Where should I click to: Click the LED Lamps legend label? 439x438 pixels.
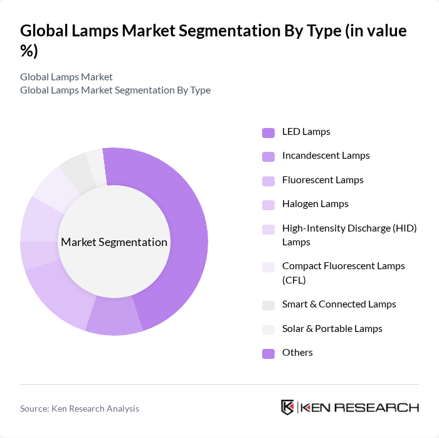pyautogui.click(x=306, y=132)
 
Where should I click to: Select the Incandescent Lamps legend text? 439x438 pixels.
pyautogui.click(x=325, y=156)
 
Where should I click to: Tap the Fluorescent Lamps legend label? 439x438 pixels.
pyautogui.click(x=322, y=180)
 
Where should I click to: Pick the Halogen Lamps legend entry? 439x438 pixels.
pyautogui.click(x=315, y=204)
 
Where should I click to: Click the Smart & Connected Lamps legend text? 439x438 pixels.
pyautogui.click(x=339, y=304)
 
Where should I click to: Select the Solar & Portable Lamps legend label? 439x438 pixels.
pyautogui.click(x=332, y=328)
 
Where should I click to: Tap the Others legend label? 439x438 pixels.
pyautogui.click(x=297, y=353)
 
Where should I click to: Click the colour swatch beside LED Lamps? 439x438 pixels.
pyautogui.click(x=268, y=132)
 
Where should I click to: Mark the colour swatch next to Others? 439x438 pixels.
pyautogui.click(x=268, y=353)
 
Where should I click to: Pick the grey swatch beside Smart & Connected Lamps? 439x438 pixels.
pyautogui.click(x=268, y=305)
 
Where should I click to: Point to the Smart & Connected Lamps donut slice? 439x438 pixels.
pyautogui.click(x=77, y=169)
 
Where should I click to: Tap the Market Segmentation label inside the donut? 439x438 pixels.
pyautogui.click(x=114, y=242)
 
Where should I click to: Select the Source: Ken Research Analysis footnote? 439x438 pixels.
pyautogui.click(x=80, y=409)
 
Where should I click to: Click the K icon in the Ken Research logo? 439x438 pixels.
pyautogui.click(x=288, y=407)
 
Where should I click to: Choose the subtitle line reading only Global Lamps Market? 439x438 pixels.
pyautogui.click(x=66, y=77)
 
